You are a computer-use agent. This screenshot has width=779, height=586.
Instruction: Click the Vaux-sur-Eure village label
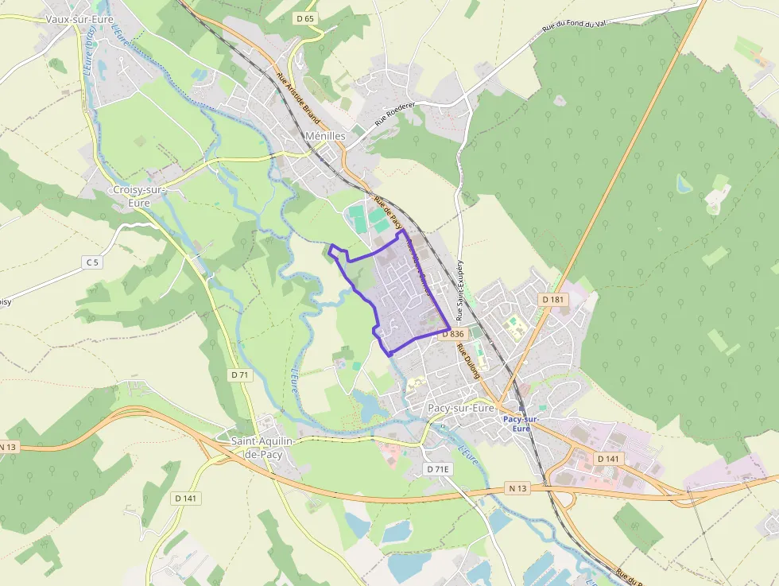(x=79, y=19)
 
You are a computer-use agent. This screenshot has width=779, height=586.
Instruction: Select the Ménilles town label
(x=325, y=136)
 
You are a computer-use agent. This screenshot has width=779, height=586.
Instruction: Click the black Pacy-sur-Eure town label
(x=461, y=408)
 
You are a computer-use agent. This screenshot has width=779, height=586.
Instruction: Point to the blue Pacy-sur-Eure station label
(x=521, y=423)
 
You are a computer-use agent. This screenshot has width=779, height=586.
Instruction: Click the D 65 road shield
(x=304, y=19)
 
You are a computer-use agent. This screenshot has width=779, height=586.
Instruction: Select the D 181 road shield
(x=553, y=299)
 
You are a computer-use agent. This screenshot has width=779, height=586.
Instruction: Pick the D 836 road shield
(x=452, y=334)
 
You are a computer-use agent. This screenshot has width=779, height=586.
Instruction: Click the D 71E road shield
(x=438, y=469)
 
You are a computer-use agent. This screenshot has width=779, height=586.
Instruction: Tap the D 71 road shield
(x=240, y=374)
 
